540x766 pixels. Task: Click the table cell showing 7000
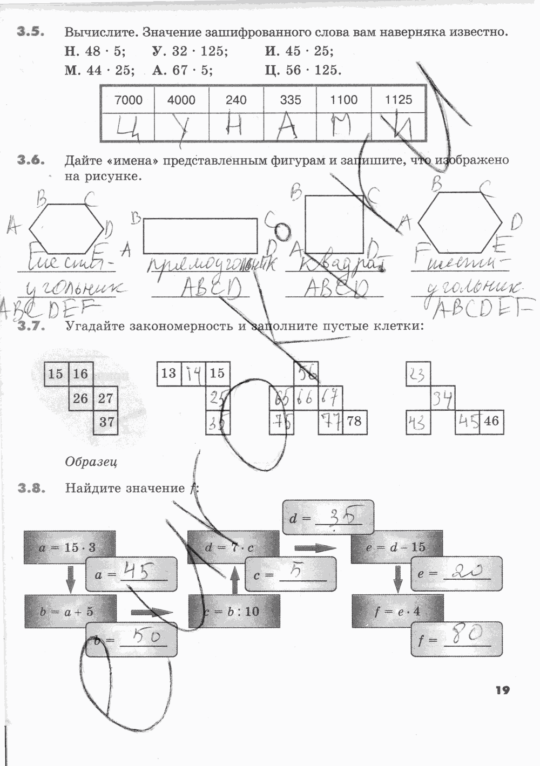(129, 100)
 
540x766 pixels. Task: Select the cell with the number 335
(291, 100)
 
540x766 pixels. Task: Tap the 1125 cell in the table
(399, 100)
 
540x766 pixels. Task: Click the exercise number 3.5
(30, 32)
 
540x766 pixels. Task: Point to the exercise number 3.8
(30, 488)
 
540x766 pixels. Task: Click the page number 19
(502, 690)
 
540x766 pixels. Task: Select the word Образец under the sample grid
(91, 462)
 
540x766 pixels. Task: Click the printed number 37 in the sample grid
(106, 422)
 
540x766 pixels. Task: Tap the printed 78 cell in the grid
(354, 421)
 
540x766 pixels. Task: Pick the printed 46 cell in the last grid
(491, 421)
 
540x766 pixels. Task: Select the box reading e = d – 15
(396, 547)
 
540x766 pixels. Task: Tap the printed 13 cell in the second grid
(168, 374)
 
